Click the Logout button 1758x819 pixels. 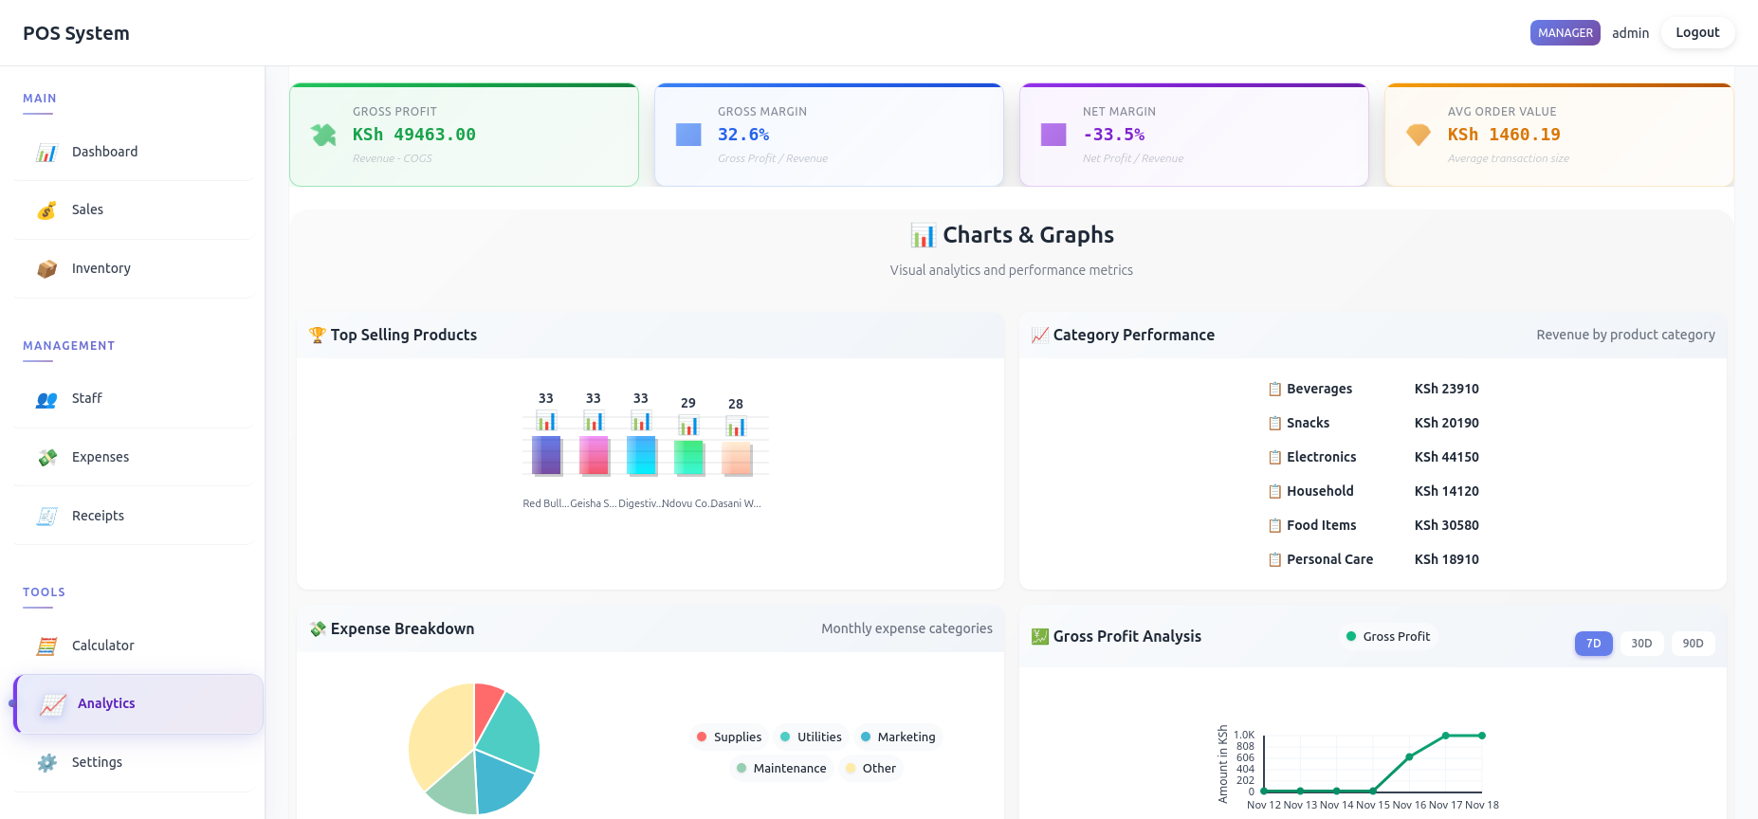coord(1696,32)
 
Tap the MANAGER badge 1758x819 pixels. coord(1565,32)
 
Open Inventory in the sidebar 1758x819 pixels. coord(101,268)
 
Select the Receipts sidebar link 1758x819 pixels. coord(98,516)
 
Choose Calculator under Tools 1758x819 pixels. coord(102,646)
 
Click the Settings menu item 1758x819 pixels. coord(97,762)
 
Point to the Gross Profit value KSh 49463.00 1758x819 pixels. coord(413,135)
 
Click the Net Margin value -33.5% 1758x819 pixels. coord(1113,135)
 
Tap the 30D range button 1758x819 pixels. coord(1640,644)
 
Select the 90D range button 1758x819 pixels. coord(1693,644)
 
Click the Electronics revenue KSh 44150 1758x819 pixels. coord(1446,457)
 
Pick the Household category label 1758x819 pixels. coord(1319,491)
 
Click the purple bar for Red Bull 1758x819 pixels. coord(546,455)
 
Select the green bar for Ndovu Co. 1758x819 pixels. coord(688,457)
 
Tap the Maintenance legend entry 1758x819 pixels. coord(789,769)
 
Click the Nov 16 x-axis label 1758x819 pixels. coord(1409,805)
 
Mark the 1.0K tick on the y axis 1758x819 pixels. coord(1243,735)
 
